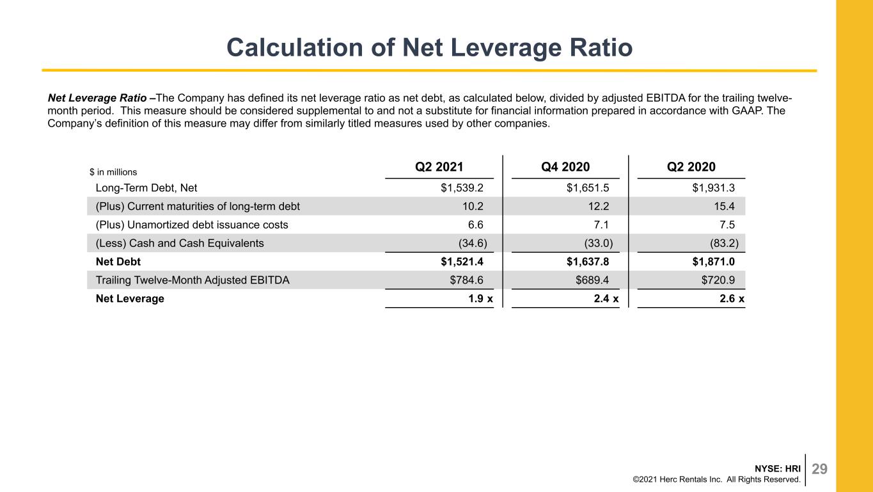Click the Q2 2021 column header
[x=439, y=167]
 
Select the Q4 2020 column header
[x=565, y=167]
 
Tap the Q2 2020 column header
[x=691, y=167]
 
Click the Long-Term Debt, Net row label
[x=146, y=188]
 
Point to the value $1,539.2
[x=462, y=188]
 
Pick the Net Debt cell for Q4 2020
[x=588, y=262]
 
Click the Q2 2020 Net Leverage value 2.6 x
[x=732, y=299]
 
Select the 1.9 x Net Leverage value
[x=480, y=299]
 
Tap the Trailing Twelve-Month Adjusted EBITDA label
[x=193, y=280]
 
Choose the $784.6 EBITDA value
[x=466, y=280]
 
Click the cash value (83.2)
[x=724, y=243]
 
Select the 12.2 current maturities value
[x=598, y=206]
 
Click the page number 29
[x=819, y=469]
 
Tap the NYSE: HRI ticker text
[x=778, y=468]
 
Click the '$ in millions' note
[x=113, y=172]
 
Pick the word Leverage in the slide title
[x=505, y=47]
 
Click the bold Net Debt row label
[x=118, y=262]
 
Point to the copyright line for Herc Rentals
[x=716, y=480]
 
